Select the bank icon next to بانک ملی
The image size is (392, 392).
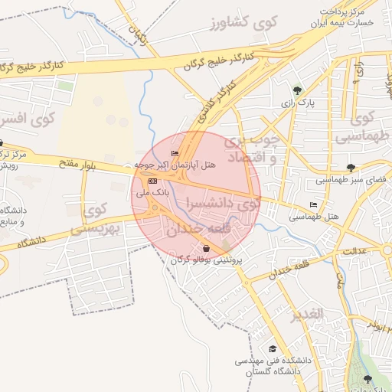[x=152, y=181]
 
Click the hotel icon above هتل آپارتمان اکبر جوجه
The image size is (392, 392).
[x=175, y=154]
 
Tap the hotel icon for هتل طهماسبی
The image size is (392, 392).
[x=312, y=205]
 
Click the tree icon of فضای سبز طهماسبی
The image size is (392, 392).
[x=351, y=168]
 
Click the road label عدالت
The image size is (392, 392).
[x=354, y=251]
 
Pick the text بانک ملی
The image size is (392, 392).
[x=152, y=194]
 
